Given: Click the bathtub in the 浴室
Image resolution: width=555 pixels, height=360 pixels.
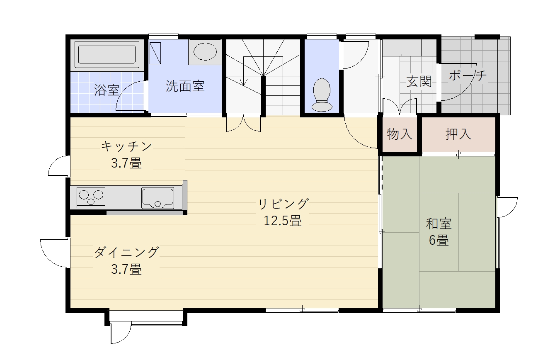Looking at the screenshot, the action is pyautogui.click(x=107, y=54).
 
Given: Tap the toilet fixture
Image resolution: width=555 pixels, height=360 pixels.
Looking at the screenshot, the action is pyautogui.click(x=322, y=95).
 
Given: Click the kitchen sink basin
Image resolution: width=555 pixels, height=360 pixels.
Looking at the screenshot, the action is pyautogui.click(x=158, y=198).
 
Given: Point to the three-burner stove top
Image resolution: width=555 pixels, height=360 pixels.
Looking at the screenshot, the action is pyautogui.click(x=91, y=197).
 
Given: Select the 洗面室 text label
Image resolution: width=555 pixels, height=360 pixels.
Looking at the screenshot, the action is pyautogui.click(x=185, y=86).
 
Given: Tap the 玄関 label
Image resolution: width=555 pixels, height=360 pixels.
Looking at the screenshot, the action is pyautogui.click(x=419, y=81).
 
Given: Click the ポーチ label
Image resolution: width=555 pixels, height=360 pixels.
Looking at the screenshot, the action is pyautogui.click(x=468, y=75).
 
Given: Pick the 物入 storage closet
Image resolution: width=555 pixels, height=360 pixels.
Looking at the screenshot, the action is pyautogui.click(x=400, y=134).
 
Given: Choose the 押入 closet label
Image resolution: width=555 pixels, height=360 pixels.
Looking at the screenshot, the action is pyautogui.click(x=458, y=134).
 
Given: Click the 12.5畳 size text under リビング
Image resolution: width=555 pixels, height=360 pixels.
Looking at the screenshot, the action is pyautogui.click(x=283, y=221).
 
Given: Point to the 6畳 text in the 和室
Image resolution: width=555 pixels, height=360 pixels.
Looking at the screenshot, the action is pyautogui.click(x=439, y=240).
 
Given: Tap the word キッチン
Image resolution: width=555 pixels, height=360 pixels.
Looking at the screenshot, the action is pyautogui.click(x=126, y=146).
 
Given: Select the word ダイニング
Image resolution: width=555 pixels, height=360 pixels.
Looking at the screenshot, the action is pyautogui.click(x=126, y=252).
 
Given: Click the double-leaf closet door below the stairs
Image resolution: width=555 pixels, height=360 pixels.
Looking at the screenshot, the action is pyautogui.click(x=244, y=123).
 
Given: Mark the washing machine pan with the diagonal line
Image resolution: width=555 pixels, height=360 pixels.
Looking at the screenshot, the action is pyautogui.click(x=155, y=53).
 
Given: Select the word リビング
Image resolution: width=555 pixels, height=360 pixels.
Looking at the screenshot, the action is pyautogui.click(x=283, y=204).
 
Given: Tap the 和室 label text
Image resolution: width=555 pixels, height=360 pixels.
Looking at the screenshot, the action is pyautogui.click(x=439, y=224).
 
